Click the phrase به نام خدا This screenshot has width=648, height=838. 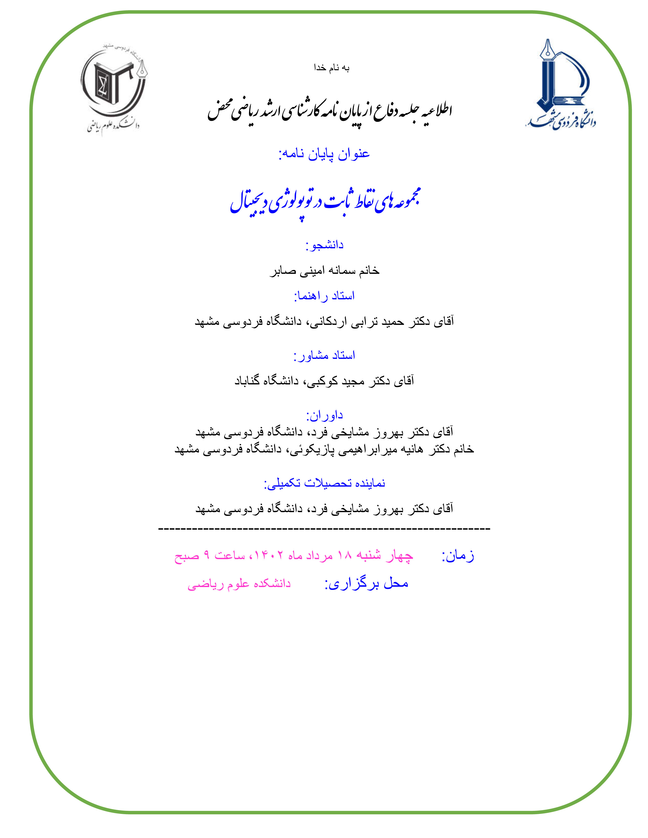click(x=331, y=68)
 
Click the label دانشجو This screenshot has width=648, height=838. click(x=325, y=245)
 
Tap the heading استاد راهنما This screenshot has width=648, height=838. click(x=325, y=296)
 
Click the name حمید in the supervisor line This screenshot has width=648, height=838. click(x=392, y=321)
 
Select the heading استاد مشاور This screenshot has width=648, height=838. click(x=325, y=356)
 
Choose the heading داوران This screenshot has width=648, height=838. click(x=325, y=415)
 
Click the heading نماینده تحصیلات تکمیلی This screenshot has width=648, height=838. click(x=325, y=483)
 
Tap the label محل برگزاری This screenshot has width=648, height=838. click(x=367, y=584)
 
